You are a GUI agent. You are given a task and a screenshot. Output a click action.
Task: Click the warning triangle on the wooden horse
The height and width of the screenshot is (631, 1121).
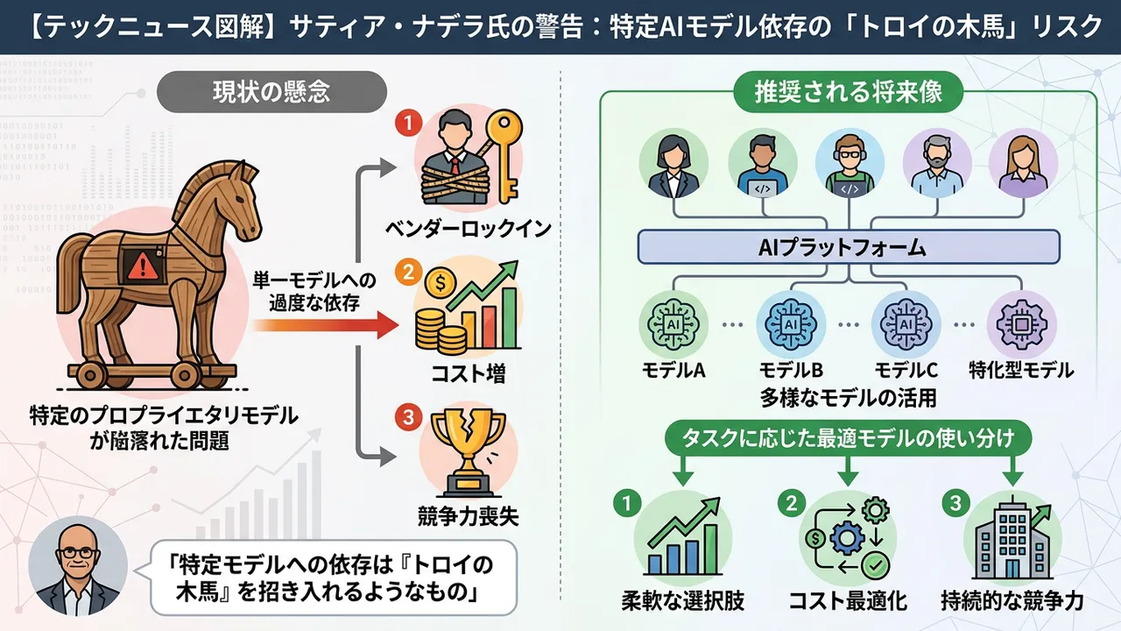[x=143, y=266]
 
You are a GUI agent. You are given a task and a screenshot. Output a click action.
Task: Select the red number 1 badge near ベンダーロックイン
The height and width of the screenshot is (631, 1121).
[x=409, y=124]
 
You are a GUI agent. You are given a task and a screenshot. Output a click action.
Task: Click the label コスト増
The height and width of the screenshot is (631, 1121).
[x=469, y=373]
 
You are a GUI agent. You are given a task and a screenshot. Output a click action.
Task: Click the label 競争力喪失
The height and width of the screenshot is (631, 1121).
[x=469, y=517]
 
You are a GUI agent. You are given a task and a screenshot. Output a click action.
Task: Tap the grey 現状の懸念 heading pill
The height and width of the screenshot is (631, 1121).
[x=271, y=92]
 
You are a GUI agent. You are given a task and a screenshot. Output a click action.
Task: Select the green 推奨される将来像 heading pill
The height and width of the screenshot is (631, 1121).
[x=849, y=92]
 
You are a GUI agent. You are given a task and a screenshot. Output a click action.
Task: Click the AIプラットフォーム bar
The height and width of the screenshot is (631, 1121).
[x=849, y=247]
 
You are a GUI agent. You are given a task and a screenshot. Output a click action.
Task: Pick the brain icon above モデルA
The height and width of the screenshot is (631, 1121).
[x=673, y=324]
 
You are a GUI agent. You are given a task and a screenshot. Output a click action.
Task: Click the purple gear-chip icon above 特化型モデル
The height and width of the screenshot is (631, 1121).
[x=1021, y=324]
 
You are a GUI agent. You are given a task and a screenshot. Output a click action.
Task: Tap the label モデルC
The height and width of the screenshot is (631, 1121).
[x=906, y=370]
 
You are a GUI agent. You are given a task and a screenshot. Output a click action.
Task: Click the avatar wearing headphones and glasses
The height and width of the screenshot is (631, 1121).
[x=850, y=164]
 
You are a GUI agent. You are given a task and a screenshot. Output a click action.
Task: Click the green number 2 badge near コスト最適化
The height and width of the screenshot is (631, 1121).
[x=792, y=503]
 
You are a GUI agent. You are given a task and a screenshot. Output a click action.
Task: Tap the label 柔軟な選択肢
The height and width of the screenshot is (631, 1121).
[x=683, y=601]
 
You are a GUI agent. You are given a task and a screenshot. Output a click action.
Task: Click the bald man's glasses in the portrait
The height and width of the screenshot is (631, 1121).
[x=78, y=553]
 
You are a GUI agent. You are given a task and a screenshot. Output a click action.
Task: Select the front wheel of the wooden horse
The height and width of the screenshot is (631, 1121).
[x=185, y=373]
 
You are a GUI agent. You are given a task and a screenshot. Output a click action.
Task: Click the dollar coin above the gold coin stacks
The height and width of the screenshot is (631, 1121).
[x=441, y=283]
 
